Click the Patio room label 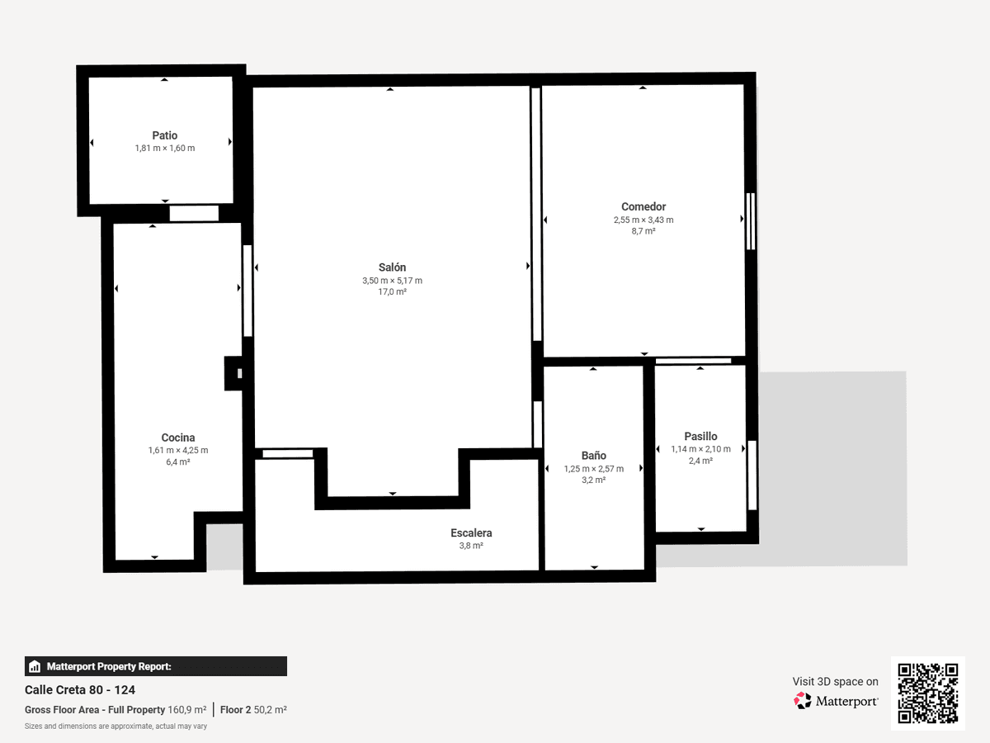165,135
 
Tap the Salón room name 392,267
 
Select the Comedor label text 643,206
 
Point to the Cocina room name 178,438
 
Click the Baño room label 593,456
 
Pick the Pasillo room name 700,436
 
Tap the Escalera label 471,532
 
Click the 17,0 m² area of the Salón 393,292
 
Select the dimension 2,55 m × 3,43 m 643,220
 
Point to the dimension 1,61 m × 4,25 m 178,450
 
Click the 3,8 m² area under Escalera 471,546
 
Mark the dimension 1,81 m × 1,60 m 165,148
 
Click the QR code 928,693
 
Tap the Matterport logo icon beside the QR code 803,701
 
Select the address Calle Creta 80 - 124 80,690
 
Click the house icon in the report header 35,666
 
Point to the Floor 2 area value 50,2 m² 270,710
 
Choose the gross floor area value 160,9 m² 187,710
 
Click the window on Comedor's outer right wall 751,221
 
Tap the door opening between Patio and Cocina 194,213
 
